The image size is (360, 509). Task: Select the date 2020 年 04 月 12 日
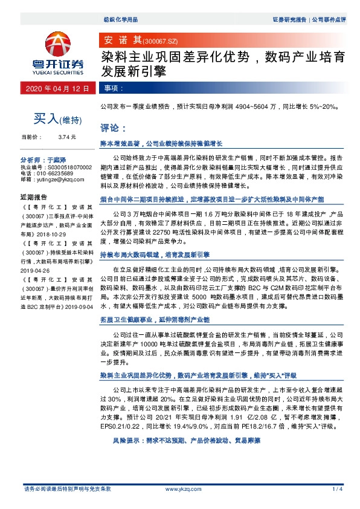[x=58, y=88]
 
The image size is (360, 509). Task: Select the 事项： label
[x=112, y=88]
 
